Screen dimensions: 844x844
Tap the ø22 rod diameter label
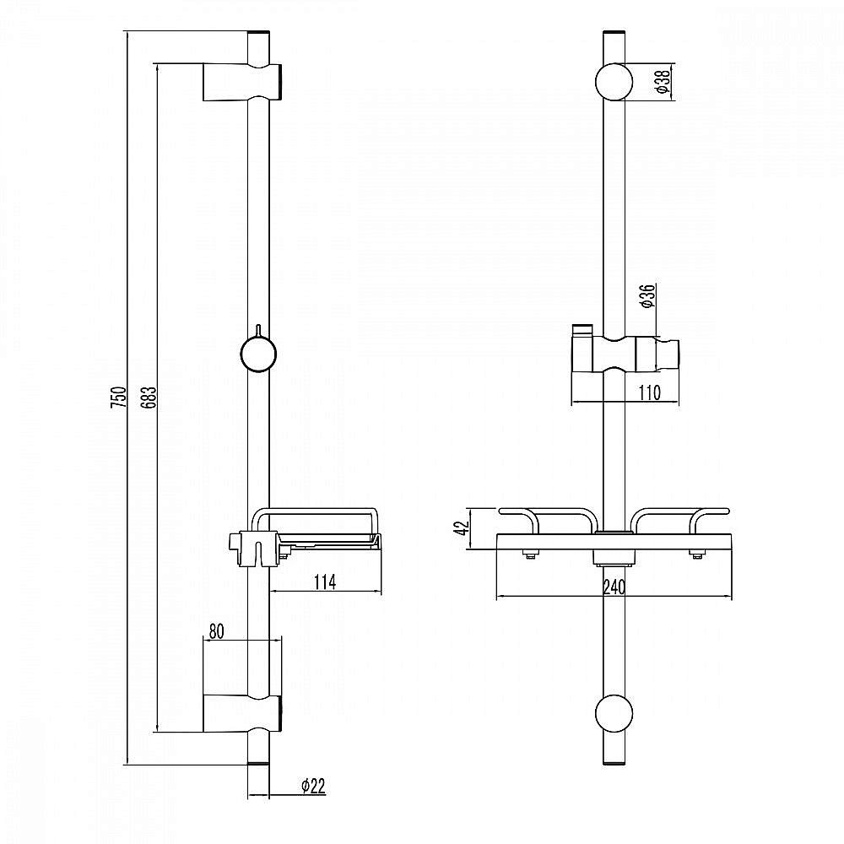[312, 786]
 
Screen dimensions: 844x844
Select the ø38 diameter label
[662, 82]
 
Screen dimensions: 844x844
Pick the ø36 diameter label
[647, 296]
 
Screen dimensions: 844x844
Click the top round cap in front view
[614, 82]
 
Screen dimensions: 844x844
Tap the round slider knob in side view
[258, 354]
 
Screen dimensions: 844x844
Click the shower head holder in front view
[624, 354]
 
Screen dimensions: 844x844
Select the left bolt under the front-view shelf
[529, 554]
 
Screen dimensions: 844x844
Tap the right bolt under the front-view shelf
[698, 554]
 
